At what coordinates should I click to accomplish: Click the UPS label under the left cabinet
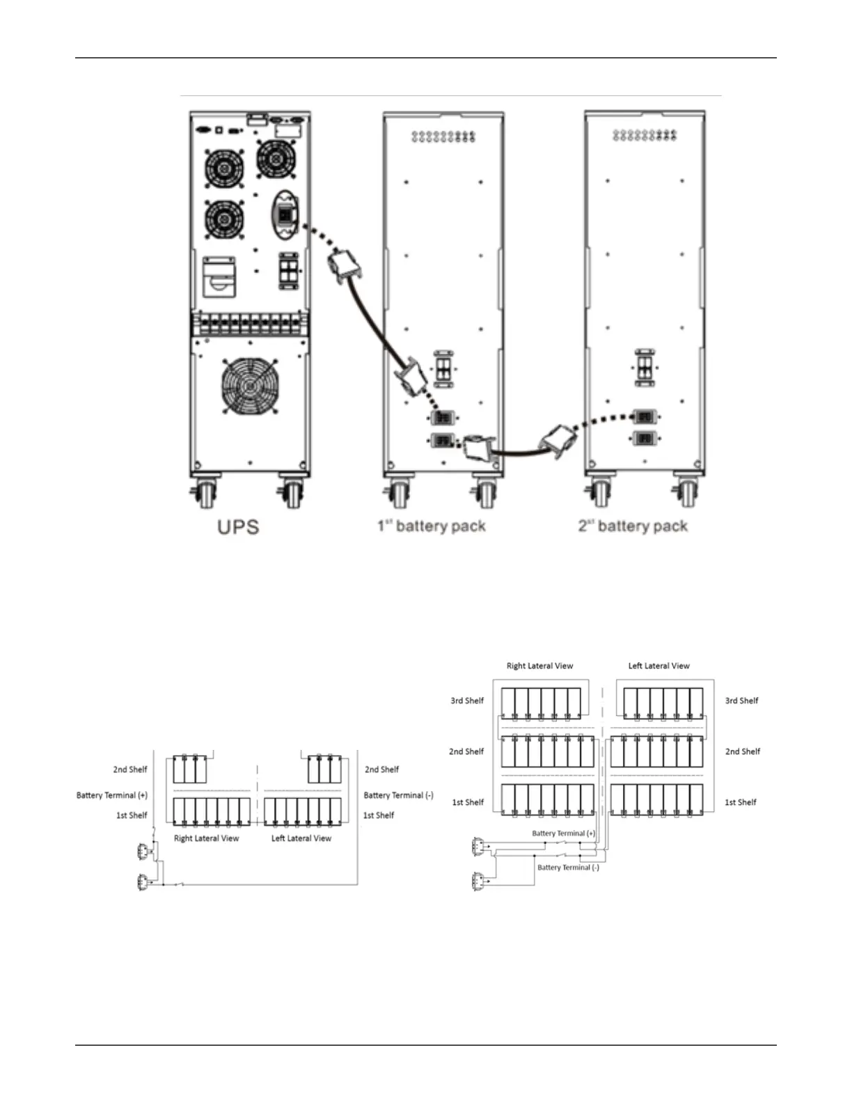(238, 526)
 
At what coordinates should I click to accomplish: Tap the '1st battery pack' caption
(432, 526)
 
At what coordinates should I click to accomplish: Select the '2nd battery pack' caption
(633, 526)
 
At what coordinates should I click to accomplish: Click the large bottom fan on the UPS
(250, 386)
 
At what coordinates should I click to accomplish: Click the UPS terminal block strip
(250, 324)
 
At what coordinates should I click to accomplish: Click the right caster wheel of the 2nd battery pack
(687, 492)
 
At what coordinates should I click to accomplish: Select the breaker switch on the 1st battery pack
(443, 368)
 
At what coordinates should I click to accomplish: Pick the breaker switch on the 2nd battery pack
(645, 366)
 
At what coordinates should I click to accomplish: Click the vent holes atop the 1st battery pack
(443, 136)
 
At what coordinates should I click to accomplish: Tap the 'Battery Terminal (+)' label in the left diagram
(112, 795)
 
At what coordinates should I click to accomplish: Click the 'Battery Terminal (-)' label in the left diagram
(398, 795)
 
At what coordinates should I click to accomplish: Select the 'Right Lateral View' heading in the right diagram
(539, 666)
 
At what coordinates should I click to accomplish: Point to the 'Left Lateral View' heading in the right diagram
(658, 666)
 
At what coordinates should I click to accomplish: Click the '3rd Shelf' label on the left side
(467, 701)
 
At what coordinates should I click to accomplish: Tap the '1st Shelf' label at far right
(741, 802)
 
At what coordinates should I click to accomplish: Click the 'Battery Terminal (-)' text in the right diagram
(568, 868)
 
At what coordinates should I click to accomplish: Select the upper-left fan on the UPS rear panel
(224, 168)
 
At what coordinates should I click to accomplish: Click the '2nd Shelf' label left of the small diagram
(130, 769)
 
